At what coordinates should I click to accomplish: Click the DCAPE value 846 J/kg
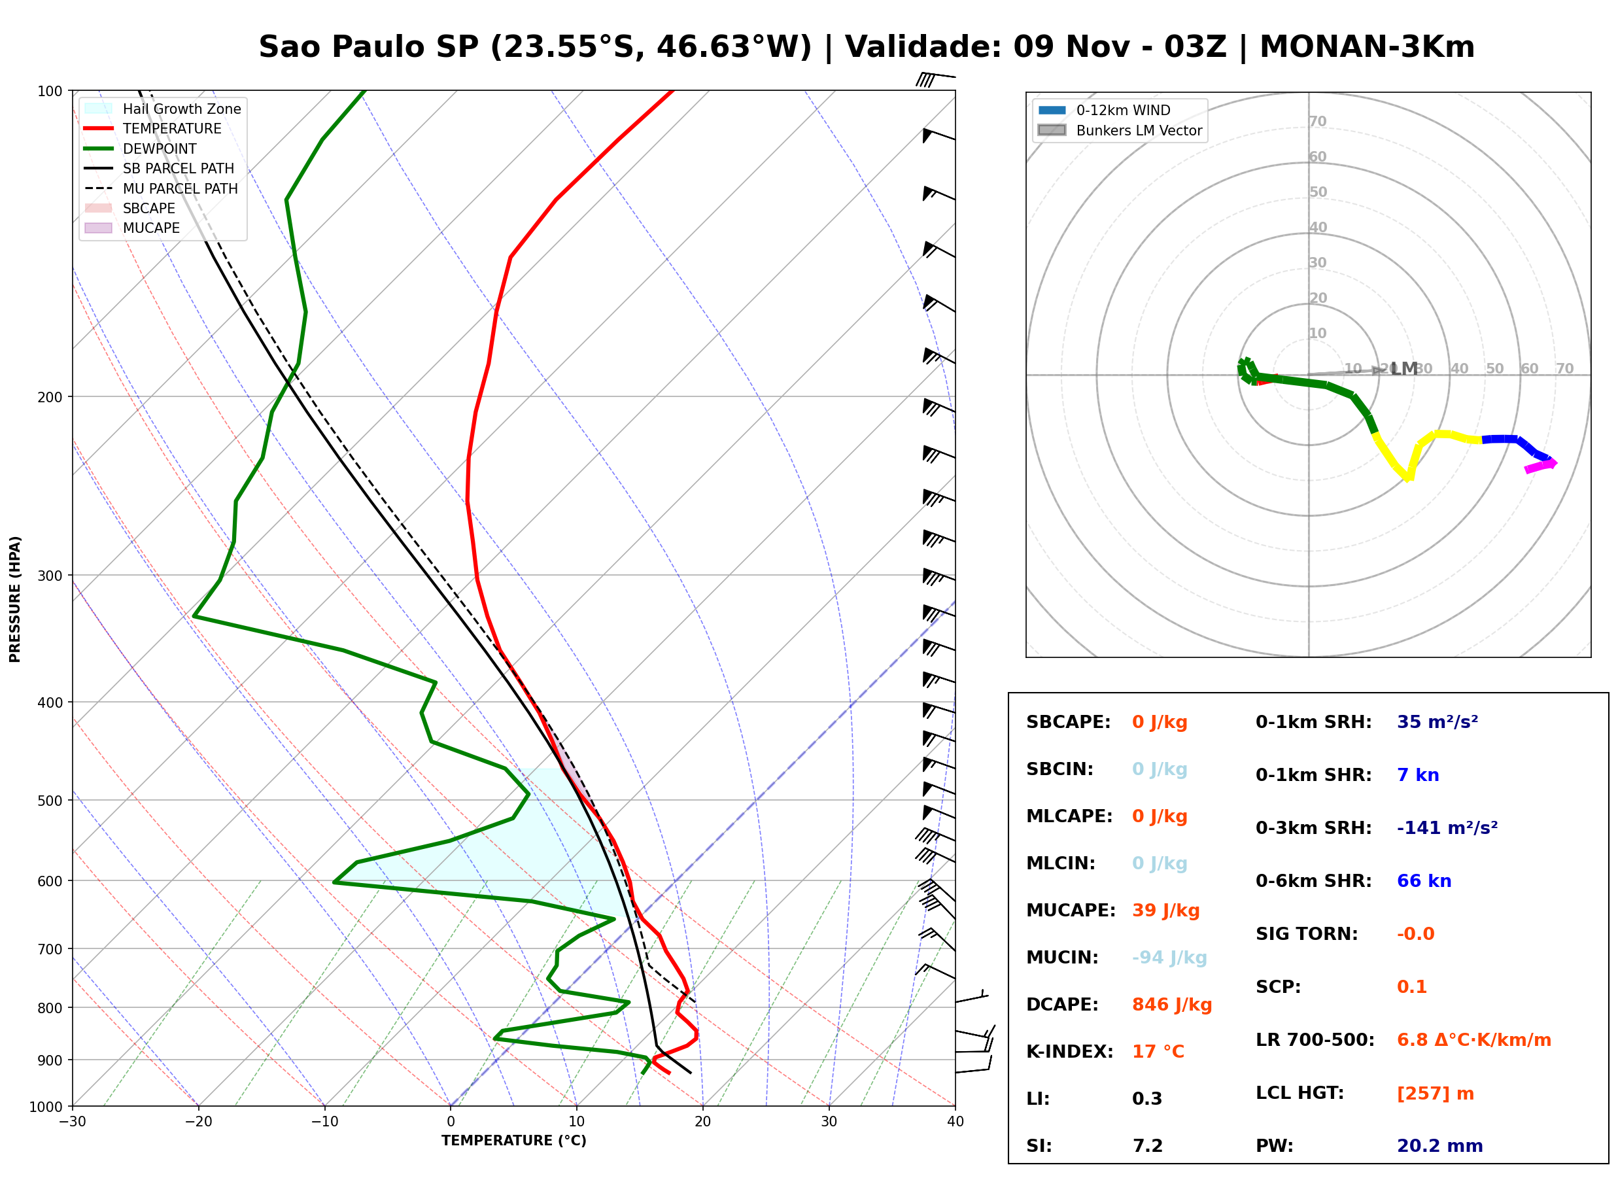coord(1172,1005)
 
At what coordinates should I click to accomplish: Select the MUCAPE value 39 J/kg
coord(1166,911)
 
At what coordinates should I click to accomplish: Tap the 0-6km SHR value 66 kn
coord(1424,881)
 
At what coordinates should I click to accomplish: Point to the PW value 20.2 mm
coord(1440,1146)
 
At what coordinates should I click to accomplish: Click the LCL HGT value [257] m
coord(1436,1094)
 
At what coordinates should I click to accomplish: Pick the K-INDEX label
coord(1070,1052)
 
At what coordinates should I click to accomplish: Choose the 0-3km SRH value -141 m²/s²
coord(1447,827)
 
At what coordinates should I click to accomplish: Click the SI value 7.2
coord(1147,1146)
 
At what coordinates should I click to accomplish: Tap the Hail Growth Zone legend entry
coord(163,109)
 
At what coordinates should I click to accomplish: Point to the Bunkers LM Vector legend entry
coord(1120,130)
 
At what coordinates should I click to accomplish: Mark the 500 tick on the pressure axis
coord(51,801)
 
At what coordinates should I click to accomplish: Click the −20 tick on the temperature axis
coord(198,1122)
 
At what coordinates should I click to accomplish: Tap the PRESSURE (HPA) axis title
coord(15,599)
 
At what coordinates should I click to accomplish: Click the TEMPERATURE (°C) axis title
coord(514,1141)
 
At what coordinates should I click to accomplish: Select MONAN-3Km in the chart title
coord(1367,47)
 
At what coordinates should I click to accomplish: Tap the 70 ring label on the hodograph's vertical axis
coord(1317,121)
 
